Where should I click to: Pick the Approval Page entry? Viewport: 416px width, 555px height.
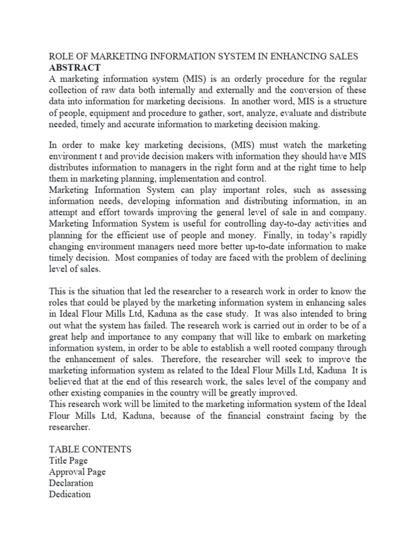[77, 472]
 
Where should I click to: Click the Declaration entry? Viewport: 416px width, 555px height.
[71, 483]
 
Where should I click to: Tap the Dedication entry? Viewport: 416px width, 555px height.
[70, 494]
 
